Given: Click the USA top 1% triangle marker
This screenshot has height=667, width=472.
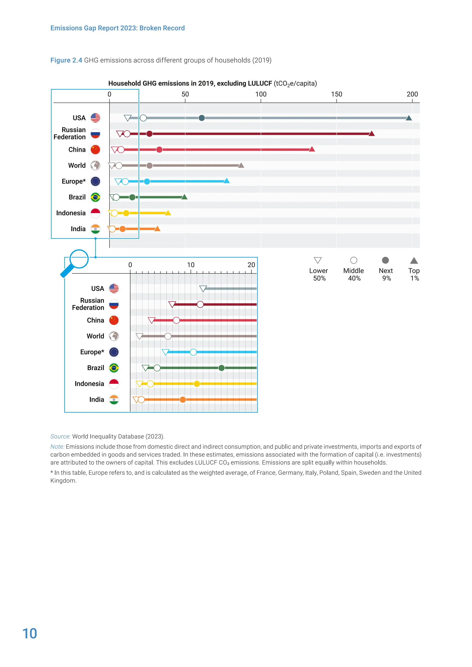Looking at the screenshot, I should (409, 118).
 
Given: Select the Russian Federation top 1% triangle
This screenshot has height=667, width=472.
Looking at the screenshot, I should (372, 134).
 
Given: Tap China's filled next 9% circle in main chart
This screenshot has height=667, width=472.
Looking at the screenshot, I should (159, 150).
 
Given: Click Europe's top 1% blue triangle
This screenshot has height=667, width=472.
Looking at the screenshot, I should (226, 181).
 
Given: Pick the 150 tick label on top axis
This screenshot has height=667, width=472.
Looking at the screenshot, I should (336, 94).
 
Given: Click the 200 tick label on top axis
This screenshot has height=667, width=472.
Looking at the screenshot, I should (412, 94).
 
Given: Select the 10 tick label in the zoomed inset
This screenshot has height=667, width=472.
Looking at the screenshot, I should (191, 265).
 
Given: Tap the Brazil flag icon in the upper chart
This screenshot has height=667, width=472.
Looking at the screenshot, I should (95, 197).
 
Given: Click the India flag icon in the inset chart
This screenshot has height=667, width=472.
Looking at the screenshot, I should (114, 400).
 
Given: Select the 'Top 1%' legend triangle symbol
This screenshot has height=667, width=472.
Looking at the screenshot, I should (414, 260).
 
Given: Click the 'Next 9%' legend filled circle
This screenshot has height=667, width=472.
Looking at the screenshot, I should (385, 260).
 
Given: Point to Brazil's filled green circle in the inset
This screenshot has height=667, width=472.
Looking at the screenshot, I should (221, 368).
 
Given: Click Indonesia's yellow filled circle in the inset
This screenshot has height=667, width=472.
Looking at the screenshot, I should (197, 384).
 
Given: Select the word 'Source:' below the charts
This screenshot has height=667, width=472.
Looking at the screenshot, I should (60, 436).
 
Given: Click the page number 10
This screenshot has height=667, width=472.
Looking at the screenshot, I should (30, 634).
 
